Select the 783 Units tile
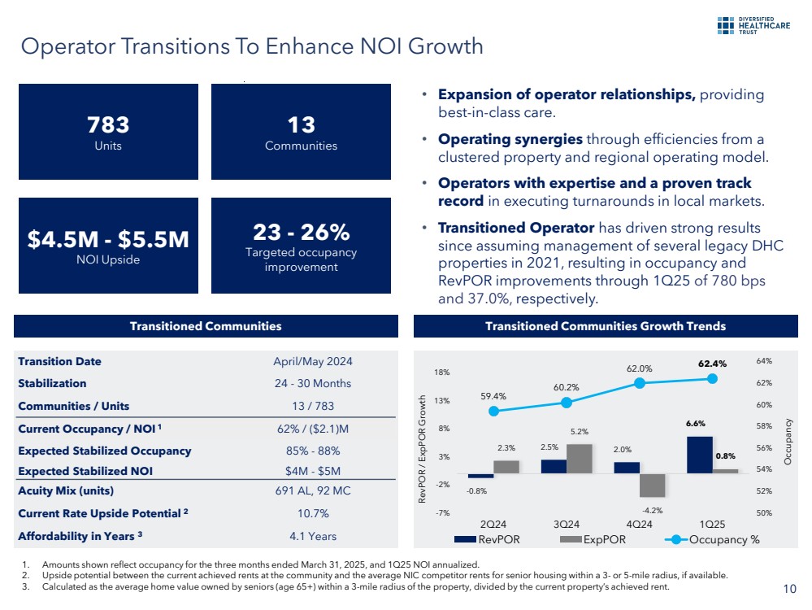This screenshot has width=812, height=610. click(x=108, y=133)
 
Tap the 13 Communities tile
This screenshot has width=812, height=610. click(x=301, y=133)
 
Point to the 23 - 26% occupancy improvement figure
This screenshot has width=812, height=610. click(x=301, y=233)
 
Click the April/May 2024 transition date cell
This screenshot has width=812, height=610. click(x=313, y=361)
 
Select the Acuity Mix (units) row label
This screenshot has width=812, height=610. click(x=66, y=490)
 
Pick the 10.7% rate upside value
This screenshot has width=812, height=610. click(x=313, y=513)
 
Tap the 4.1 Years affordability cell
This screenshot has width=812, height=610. click(x=313, y=536)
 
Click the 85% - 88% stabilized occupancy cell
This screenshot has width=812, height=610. click(x=313, y=450)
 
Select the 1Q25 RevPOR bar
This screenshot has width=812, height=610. click(x=699, y=455)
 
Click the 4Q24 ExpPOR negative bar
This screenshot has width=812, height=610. click(x=653, y=485)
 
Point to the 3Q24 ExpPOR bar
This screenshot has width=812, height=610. click(x=580, y=459)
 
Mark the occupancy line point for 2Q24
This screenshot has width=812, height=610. click(x=493, y=411)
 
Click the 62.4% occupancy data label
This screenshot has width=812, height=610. click(x=712, y=364)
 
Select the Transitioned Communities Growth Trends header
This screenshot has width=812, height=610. click(x=605, y=326)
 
